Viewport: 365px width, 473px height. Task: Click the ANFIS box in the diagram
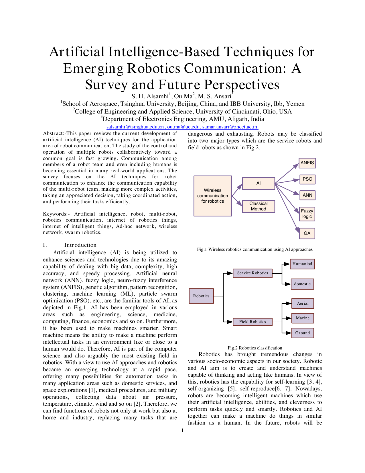click(x=307, y=163)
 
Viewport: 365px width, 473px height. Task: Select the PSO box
click(x=307, y=179)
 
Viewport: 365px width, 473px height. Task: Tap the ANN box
click(x=307, y=195)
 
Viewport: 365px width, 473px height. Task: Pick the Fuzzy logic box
click(x=307, y=214)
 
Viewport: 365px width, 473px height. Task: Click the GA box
click(x=307, y=233)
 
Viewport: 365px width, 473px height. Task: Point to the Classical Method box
click(x=259, y=206)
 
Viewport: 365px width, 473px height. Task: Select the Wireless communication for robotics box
click(x=212, y=196)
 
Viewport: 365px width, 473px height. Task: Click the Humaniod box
click(x=302, y=264)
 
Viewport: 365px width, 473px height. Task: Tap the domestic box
click(x=302, y=284)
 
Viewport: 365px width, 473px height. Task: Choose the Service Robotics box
click(x=252, y=273)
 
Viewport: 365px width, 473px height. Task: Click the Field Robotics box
click(x=252, y=322)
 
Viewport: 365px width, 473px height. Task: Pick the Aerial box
click(x=303, y=303)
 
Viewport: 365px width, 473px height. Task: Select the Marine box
click(x=303, y=318)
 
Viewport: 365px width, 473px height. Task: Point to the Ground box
click(x=303, y=333)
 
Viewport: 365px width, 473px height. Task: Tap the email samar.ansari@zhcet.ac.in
click(x=230, y=127)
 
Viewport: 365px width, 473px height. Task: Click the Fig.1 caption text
click(x=254, y=249)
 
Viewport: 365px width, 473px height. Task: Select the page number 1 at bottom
click(x=182, y=430)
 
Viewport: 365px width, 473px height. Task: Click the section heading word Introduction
click(x=80, y=245)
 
